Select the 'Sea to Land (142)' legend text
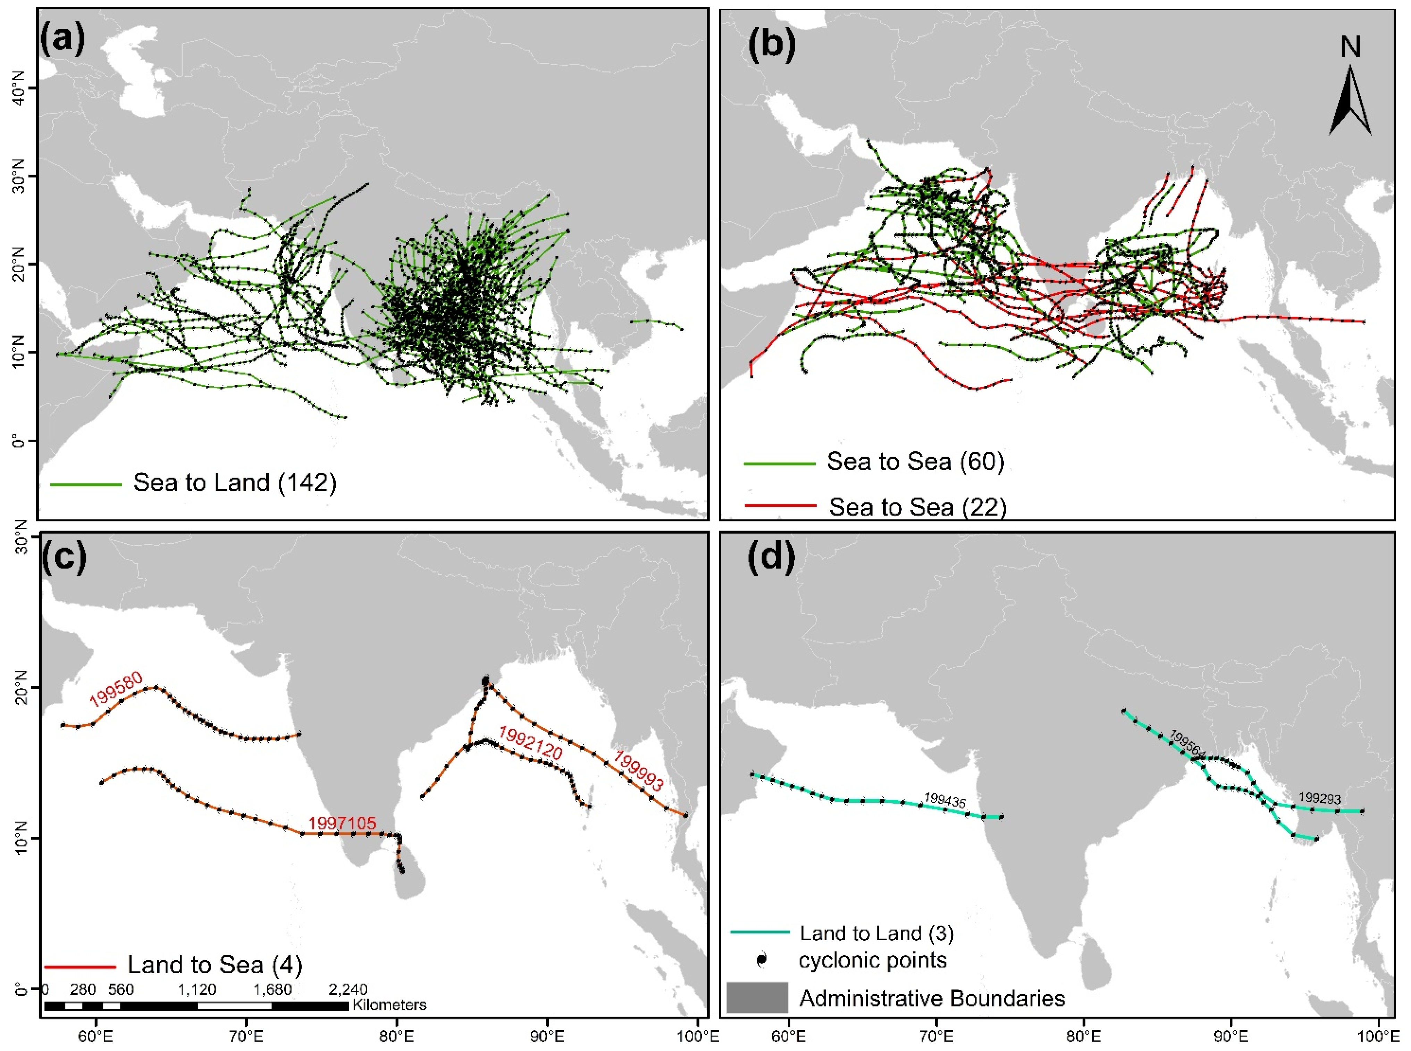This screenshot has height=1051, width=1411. point(235,483)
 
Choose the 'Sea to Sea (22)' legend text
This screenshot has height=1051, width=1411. point(917,507)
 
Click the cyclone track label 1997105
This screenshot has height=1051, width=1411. point(342,823)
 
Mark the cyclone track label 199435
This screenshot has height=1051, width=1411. point(945,800)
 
